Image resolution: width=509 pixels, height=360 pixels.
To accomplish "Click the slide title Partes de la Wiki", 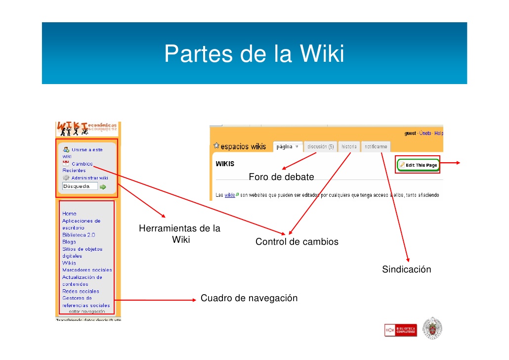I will [254, 54].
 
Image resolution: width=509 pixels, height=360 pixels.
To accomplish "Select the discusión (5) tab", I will [320, 147].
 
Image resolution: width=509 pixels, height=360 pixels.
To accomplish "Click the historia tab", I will [349, 147].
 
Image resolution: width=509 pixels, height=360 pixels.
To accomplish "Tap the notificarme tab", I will [376, 147].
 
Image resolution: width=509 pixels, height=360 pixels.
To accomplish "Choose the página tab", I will [287, 147].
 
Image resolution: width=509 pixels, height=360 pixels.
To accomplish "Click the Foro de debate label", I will [281, 177].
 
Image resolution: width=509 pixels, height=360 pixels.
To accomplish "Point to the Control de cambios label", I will [297, 242].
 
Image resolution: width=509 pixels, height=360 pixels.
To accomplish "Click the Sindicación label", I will [406, 270].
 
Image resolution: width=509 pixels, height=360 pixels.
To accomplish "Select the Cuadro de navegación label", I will [249, 298].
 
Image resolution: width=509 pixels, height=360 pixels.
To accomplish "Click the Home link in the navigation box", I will [69, 214].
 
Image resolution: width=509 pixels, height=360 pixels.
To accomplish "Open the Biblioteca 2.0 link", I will [79, 235].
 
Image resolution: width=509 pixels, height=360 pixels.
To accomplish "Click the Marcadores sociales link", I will [87, 270].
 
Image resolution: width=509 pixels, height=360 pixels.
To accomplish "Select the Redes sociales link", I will [81, 291].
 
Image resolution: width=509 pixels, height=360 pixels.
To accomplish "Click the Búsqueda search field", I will [79, 186].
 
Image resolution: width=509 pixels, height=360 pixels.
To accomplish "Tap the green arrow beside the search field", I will [103, 187].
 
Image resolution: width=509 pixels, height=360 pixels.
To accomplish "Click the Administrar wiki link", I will [89, 178].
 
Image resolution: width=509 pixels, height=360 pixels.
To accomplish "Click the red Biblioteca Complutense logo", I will [400, 330].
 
